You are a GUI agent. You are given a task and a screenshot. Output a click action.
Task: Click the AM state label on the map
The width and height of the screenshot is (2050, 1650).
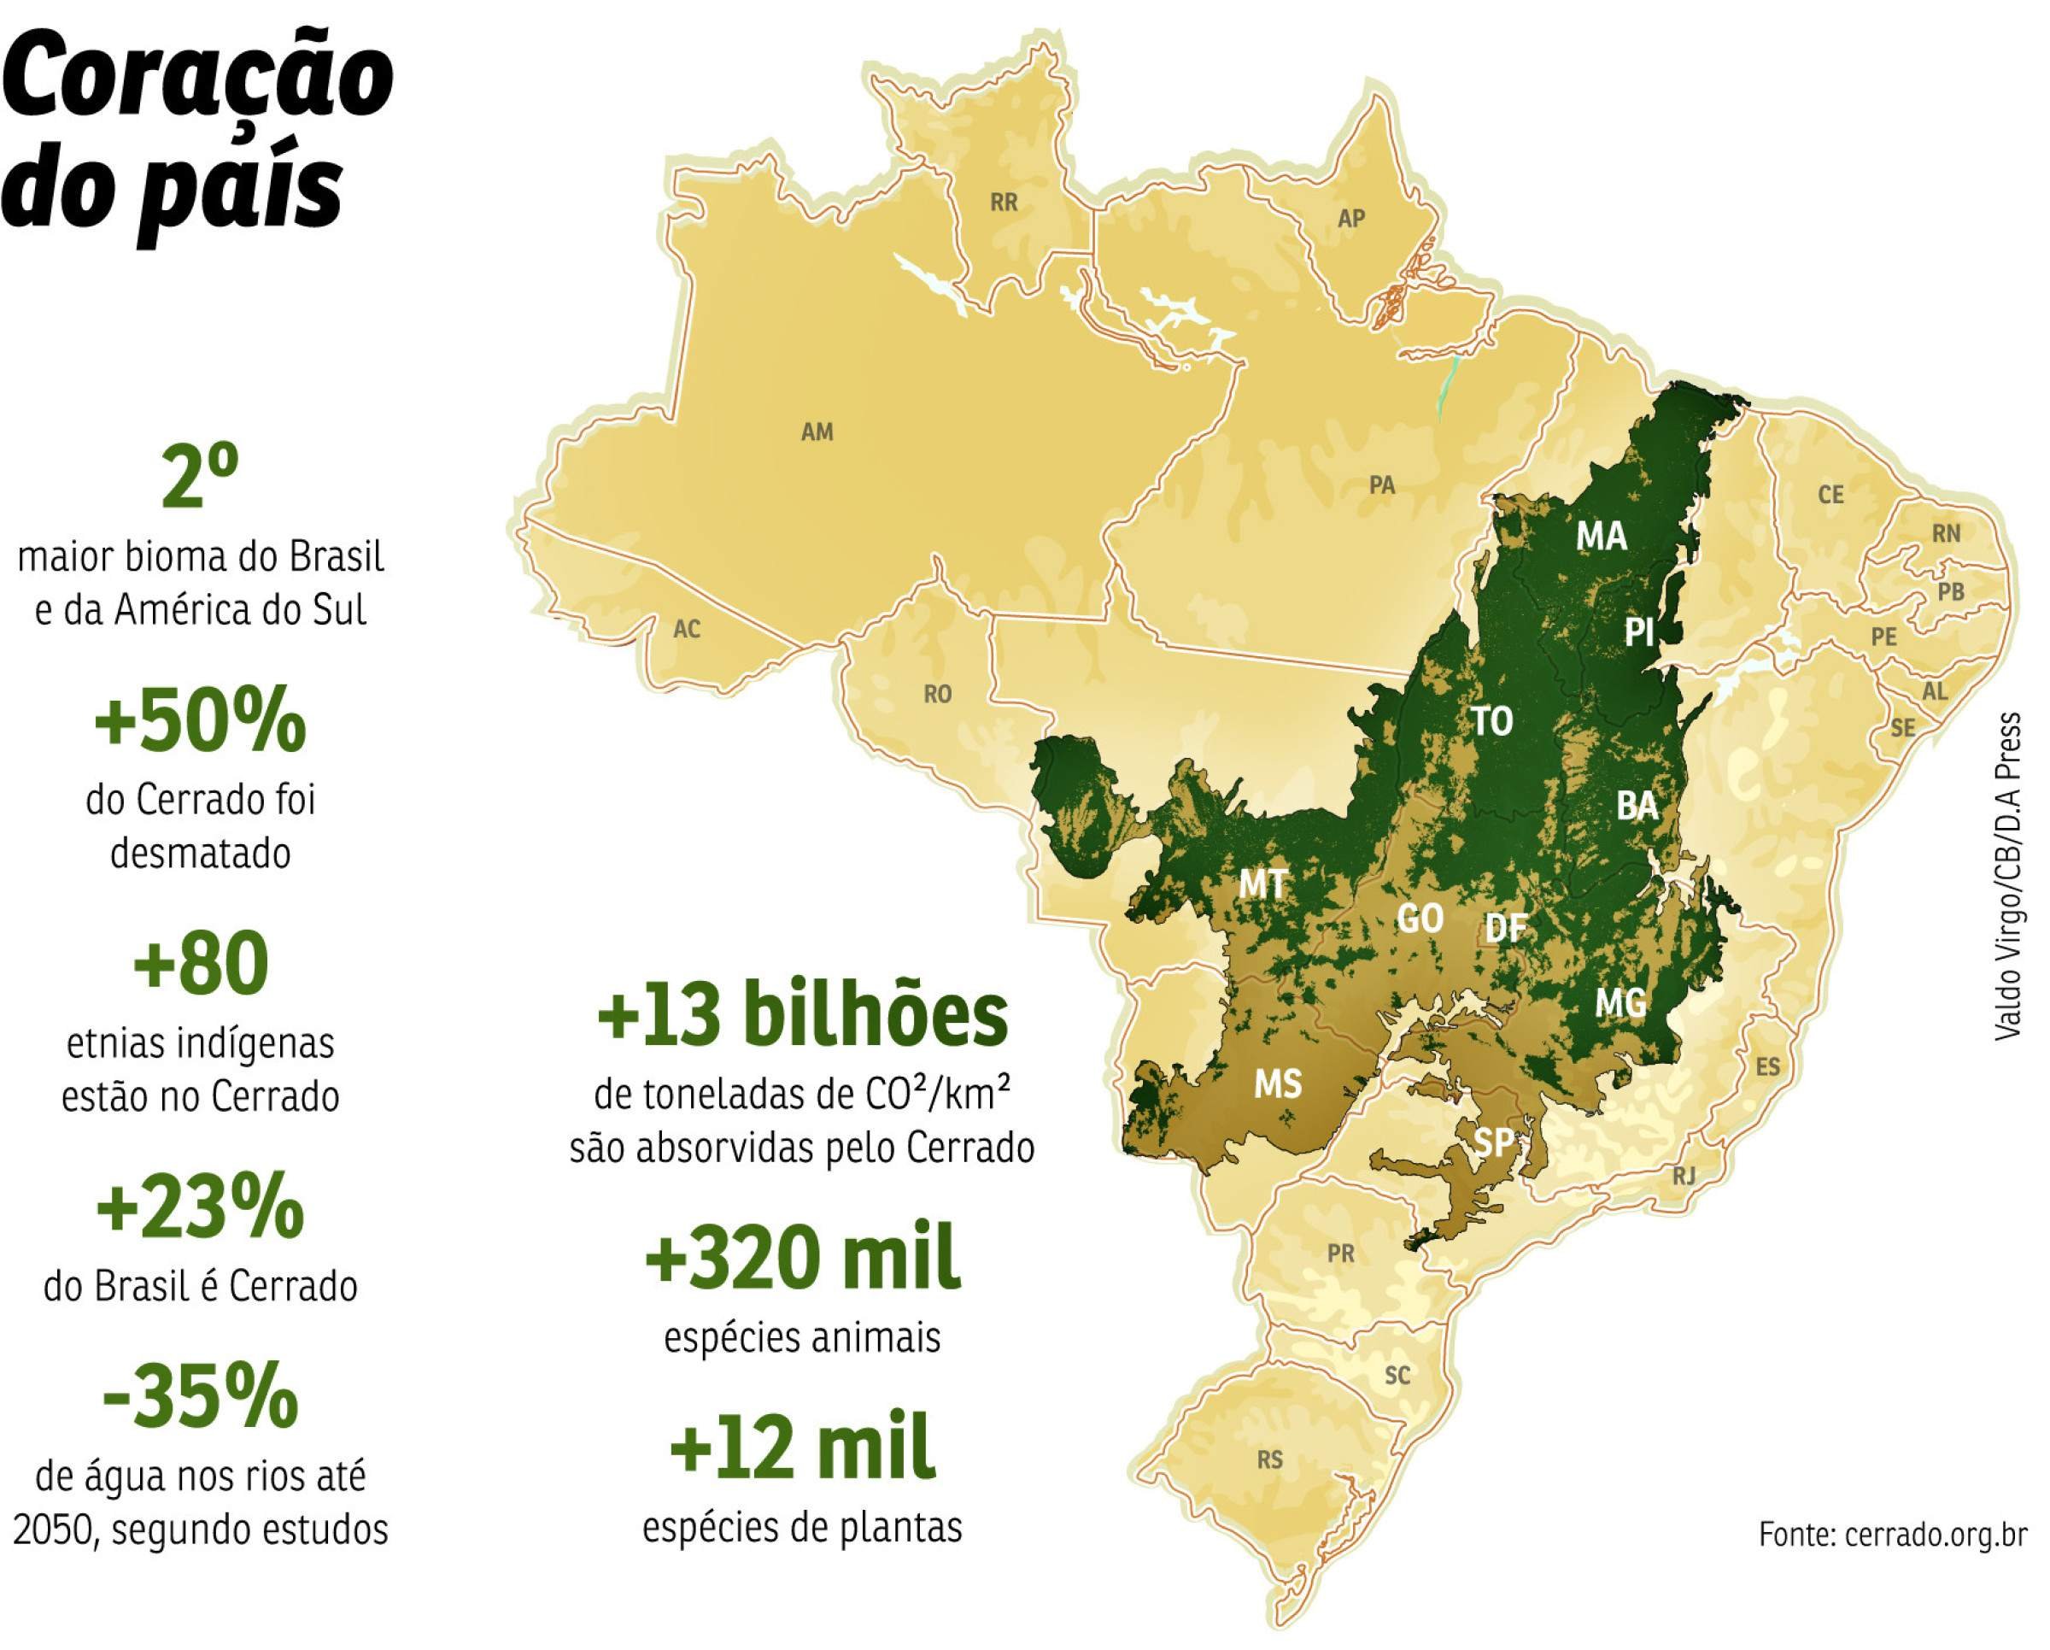(817, 432)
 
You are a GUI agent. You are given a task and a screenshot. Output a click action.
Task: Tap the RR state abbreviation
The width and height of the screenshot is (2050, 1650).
(1004, 203)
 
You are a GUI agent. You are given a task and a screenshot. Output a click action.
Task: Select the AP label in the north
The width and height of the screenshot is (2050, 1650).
(1351, 219)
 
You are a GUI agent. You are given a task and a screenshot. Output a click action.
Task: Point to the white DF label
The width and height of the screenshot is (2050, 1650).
(1506, 927)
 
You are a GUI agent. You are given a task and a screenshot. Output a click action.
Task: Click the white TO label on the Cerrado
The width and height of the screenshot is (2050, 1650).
(1492, 722)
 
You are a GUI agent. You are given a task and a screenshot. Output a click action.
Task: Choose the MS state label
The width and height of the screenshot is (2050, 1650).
(1277, 1083)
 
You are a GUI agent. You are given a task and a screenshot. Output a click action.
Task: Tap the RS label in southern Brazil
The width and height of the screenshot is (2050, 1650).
(1269, 1459)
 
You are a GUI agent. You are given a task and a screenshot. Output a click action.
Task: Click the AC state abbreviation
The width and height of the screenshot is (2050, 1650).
(687, 630)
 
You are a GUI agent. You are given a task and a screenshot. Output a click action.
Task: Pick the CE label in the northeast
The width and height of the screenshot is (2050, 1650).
(1830, 496)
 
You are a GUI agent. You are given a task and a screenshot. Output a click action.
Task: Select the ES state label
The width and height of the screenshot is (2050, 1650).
(1766, 1067)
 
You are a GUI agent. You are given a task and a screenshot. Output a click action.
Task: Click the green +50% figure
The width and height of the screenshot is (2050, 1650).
(200, 725)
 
